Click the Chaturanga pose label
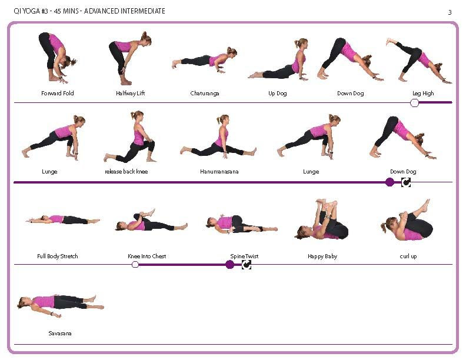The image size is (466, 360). (205, 94)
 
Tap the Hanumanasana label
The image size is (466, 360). (219, 171)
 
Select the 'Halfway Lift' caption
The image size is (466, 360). (130, 94)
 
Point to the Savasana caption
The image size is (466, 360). (60, 334)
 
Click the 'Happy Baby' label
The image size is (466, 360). (322, 256)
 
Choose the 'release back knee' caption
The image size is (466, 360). (127, 171)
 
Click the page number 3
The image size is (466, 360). (450, 12)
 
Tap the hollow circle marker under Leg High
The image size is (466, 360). (414, 103)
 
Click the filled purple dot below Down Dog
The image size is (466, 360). (390, 182)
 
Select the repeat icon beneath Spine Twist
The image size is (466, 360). (247, 264)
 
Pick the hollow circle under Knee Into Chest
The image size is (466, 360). (135, 264)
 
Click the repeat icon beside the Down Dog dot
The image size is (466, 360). (406, 182)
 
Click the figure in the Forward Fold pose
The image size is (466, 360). (56, 58)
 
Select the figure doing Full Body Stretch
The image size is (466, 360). (63, 219)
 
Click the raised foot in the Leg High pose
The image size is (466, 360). (390, 41)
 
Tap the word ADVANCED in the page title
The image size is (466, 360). (101, 11)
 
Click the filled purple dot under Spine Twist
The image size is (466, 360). (229, 264)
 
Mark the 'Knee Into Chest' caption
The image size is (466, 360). (147, 256)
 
